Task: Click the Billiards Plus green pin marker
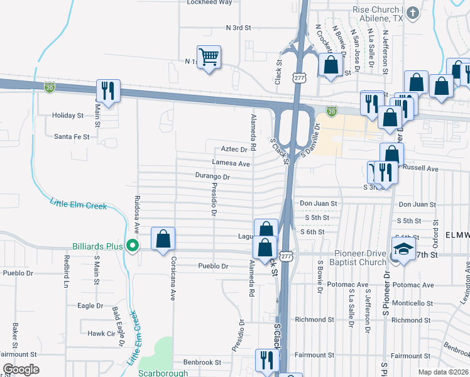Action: (x=132, y=246)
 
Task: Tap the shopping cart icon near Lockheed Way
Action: (x=209, y=58)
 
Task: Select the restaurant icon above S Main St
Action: (x=107, y=91)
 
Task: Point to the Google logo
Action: (x=20, y=369)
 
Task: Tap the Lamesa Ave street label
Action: (x=231, y=163)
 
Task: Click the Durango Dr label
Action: (x=212, y=177)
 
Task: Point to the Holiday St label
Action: (x=68, y=116)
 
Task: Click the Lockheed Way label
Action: (x=210, y=3)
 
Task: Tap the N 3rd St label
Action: (x=238, y=28)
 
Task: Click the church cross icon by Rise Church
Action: (x=413, y=12)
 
